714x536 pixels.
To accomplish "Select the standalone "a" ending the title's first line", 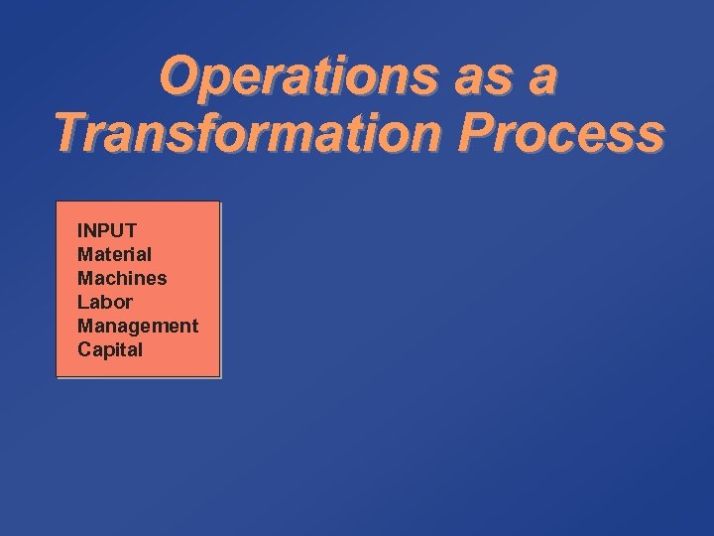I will click(x=541, y=77).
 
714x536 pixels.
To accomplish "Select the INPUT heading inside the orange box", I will click(x=107, y=231).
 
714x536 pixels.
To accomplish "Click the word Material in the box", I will click(x=114, y=255).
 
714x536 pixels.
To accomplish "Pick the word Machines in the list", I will click(x=122, y=279).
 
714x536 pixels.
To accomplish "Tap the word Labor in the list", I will click(x=104, y=302).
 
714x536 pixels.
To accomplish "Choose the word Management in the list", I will click(x=138, y=326).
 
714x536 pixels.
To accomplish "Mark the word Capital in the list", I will click(x=110, y=349).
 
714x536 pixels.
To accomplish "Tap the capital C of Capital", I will click(x=84, y=349).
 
